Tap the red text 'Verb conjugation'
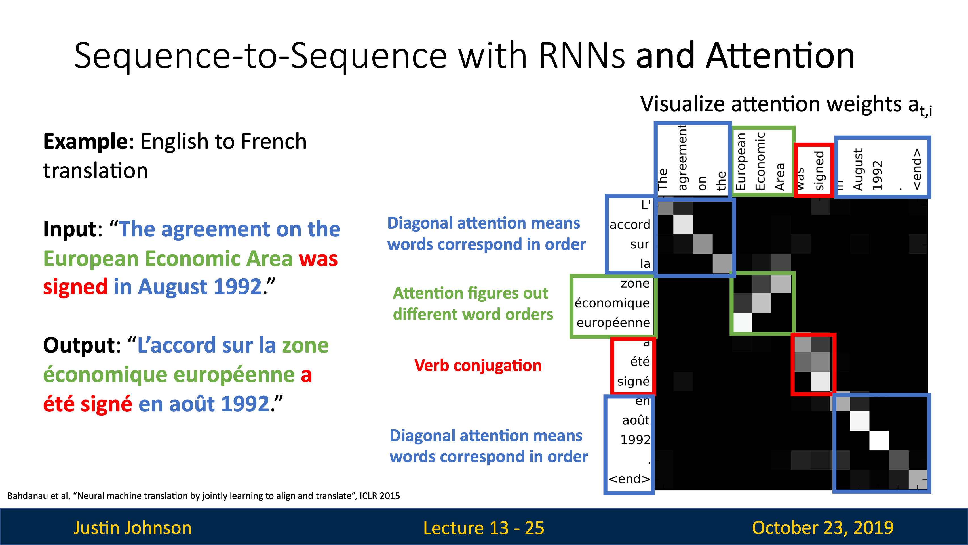478,366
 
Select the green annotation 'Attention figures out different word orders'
473,303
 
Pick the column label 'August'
858,169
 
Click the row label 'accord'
630,225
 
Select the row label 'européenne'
613,322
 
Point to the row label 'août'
636,420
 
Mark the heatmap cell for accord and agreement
683,224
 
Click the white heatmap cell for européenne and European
742,322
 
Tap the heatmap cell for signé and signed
820,381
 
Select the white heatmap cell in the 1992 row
879,440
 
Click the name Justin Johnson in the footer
132,527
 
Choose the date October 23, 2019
823,527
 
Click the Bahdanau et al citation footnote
203,496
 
